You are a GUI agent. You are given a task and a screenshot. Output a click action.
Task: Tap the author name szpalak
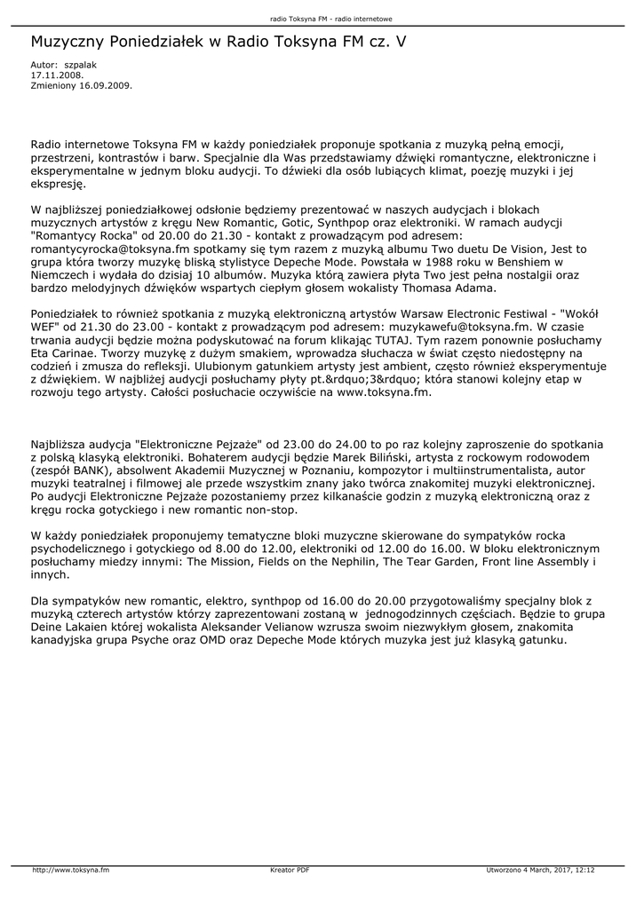tap(80, 66)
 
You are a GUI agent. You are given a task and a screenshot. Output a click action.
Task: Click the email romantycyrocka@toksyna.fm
tap(106, 250)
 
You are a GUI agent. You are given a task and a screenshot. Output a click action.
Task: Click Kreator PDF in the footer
tap(290, 870)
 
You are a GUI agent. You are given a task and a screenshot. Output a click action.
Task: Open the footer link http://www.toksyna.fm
tap(71, 870)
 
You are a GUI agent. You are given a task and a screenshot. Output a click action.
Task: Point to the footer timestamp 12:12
tap(584, 870)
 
